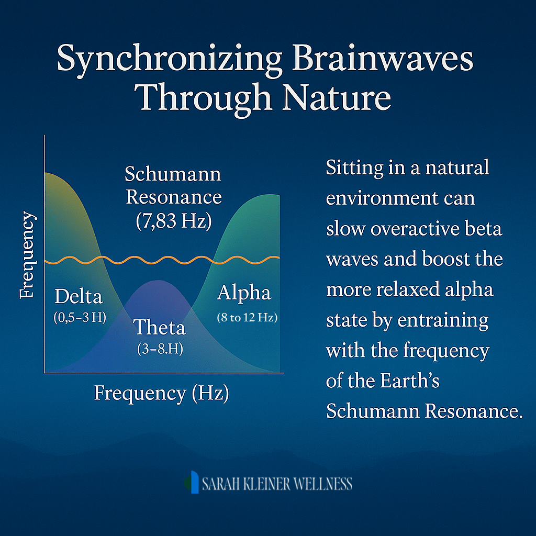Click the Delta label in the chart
pyautogui.click(x=79, y=296)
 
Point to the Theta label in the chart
pyautogui.click(x=159, y=327)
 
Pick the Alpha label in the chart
pyautogui.click(x=244, y=293)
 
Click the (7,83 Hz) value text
pyautogui.click(x=174, y=221)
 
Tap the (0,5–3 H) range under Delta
pyautogui.click(x=80, y=318)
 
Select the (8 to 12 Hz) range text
pyautogui.click(x=247, y=318)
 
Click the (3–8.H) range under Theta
pyautogui.click(x=160, y=349)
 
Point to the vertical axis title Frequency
pyautogui.click(x=27, y=255)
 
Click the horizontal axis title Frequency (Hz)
pyautogui.click(x=161, y=393)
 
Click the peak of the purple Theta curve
pyautogui.click(x=158, y=281)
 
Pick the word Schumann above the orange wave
pyautogui.click(x=173, y=174)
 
